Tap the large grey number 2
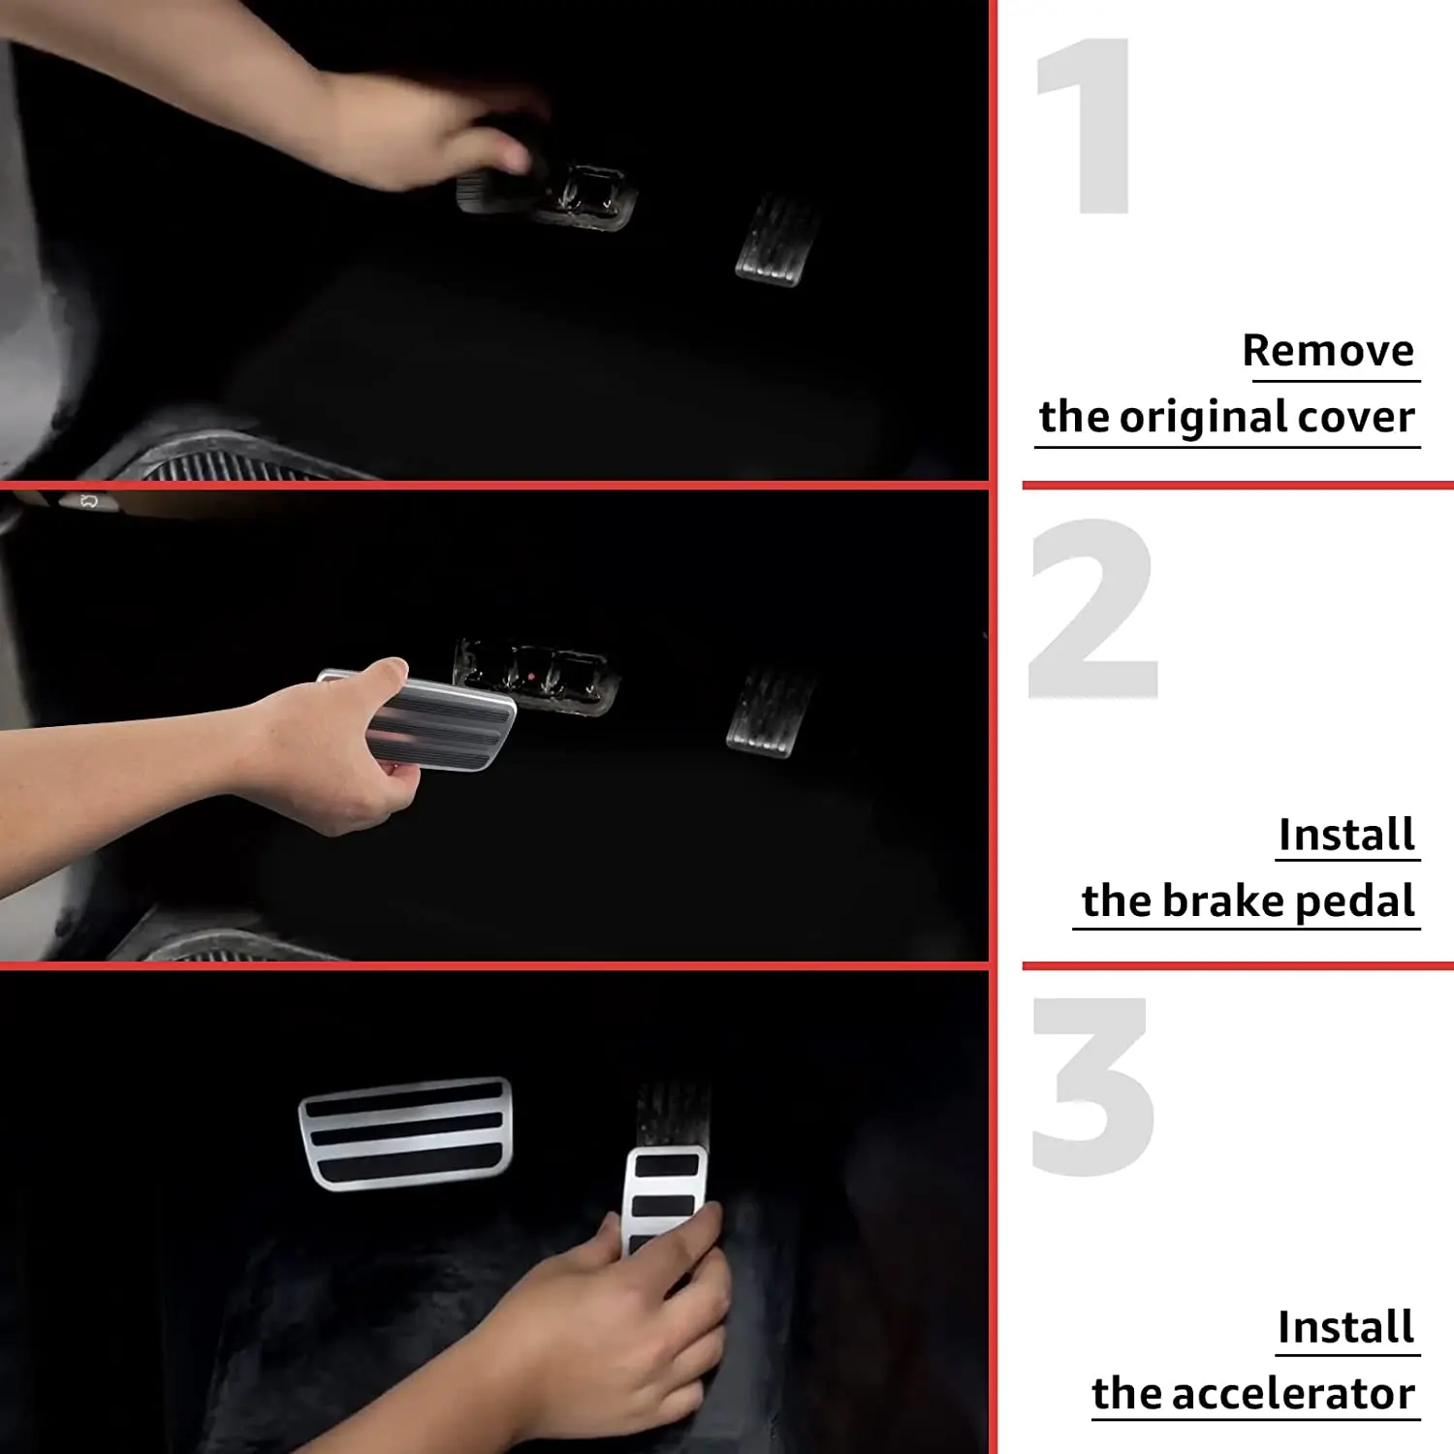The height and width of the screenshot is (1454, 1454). (1093, 608)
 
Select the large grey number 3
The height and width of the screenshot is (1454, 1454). (1093, 1086)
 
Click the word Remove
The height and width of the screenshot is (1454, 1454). (1328, 350)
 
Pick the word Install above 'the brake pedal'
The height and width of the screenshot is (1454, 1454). (1346, 835)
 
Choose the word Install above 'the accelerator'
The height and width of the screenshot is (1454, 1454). (1345, 1327)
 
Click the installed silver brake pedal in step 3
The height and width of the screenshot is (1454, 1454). (406, 1133)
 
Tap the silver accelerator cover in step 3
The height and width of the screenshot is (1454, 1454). (664, 1198)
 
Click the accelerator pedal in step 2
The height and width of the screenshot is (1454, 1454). (771, 712)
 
